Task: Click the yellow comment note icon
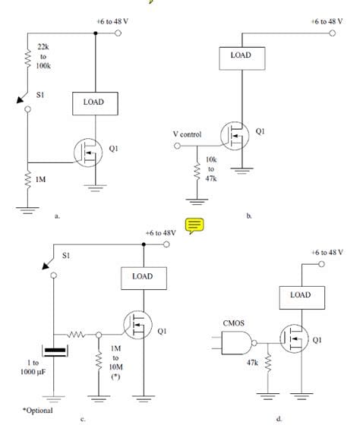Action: [x=194, y=225]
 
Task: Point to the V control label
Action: [x=187, y=134]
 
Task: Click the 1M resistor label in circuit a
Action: [x=41, y=179]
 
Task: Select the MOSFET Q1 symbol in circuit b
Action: [x=235, y=136]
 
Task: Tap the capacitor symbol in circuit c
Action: [x=55, y=351]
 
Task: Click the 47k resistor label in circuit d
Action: [x=252, y=363]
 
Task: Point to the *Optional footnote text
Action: [x=38, y=411]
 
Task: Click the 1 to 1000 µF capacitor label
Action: [x=33, y=367]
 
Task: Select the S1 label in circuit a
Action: [x=40, y=95]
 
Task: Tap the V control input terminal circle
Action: [x=177, y=146]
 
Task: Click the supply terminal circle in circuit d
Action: [x=321, y=264]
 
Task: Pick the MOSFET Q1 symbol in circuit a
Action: [x=88, y=153]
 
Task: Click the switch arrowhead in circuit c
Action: [x=46, y=266]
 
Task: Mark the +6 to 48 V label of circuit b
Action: [x=327, y=21]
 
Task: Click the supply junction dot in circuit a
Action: [x=95, y=33]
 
